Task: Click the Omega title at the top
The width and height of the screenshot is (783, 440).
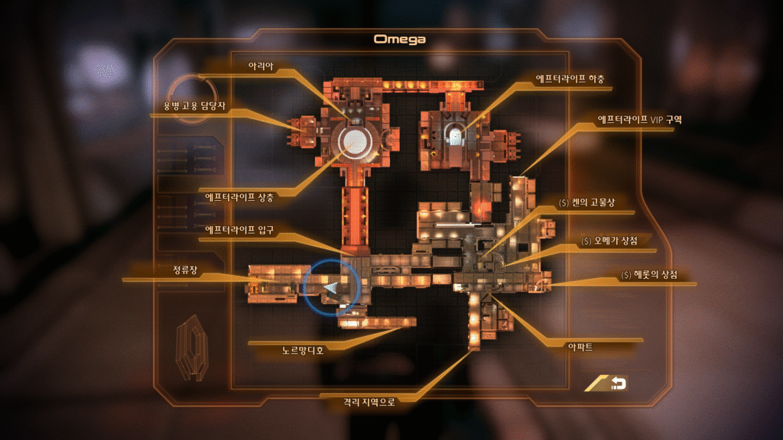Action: pyautogui.click(x=399, y=38)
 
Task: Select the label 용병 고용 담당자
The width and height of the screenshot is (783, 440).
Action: pyautogui.click(x=196, y=105)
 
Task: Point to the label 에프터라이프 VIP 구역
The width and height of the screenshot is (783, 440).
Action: pyautogui.click(x=638, y=120)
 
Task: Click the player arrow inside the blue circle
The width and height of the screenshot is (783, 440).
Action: pyautogui.click(x=332, y=286)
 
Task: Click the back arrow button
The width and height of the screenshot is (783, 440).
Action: pyautogui.click(x=613, y=383)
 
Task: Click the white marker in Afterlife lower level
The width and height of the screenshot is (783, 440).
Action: pyautogui.click(x=456, y=136)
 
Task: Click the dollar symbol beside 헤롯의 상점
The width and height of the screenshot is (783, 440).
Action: pyautogui.click(x=625, y=274)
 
